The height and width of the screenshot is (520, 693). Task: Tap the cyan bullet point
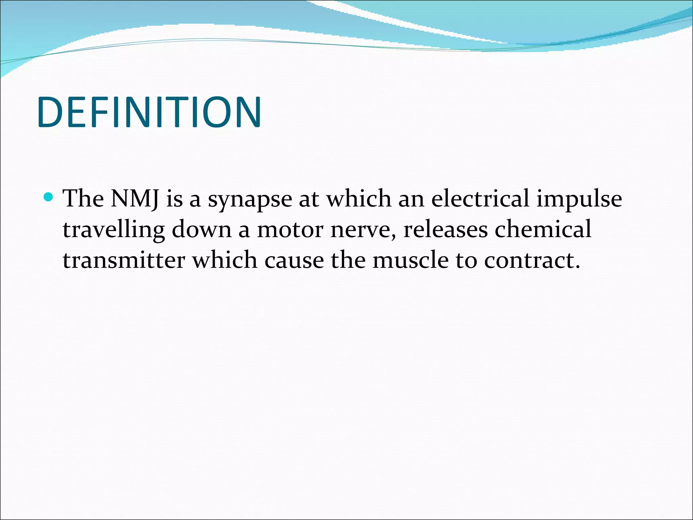tap(48, 197)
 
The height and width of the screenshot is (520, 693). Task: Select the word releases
tap(445, 230)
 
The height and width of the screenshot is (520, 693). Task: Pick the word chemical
tap(543, 229)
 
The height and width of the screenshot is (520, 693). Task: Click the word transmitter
tap(124, 261)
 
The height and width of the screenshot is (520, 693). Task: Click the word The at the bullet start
tap(83, 199)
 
